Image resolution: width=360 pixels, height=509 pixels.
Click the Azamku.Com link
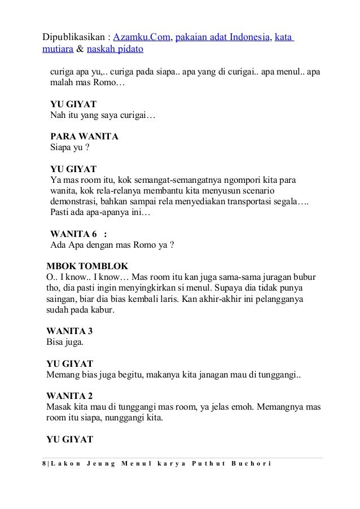click(141, 37)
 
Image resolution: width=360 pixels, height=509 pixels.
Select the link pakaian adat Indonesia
click(222, 37)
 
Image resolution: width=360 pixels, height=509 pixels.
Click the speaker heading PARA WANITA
click(85, 137)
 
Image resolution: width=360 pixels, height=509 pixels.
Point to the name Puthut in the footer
click(205, 464)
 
